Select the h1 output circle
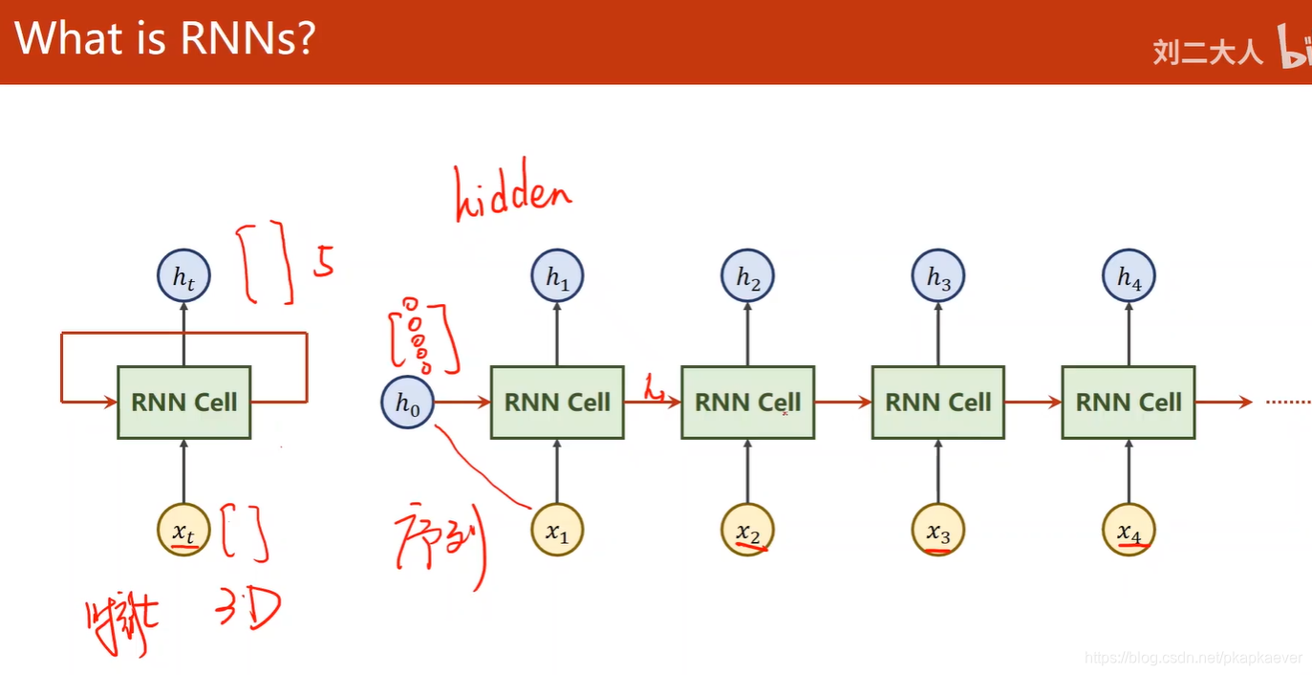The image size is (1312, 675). tap(557, 277)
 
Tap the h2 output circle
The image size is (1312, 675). tap(747, 277)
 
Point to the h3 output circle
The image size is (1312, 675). tap(938, 277)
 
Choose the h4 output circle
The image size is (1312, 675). tap(1129, 277)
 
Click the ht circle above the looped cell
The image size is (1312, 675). tap(183, 277)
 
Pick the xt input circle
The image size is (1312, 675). tap(183, 530)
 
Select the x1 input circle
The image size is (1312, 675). tap(557, 530)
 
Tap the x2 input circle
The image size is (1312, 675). tap(747, 530)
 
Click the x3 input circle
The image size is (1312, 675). tap(938, 530)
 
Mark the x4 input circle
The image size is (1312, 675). tap(1129, 530)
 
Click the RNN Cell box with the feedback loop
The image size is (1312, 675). tap(183, 403)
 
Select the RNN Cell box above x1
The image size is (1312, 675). tap(557, 403)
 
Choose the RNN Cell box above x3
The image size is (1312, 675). tap(938, 403)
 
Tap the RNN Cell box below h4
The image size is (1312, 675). tap(1129, 403)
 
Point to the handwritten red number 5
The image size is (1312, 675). tap(325, 260)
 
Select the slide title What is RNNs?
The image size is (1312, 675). tap(164, 40)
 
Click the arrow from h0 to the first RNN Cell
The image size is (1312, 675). tap(462, 403)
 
